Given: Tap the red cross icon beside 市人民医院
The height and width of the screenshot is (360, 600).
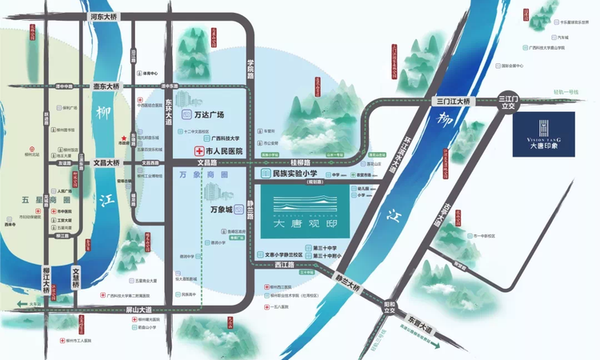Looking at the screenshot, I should pyautogui.click(x=198, y=150).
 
